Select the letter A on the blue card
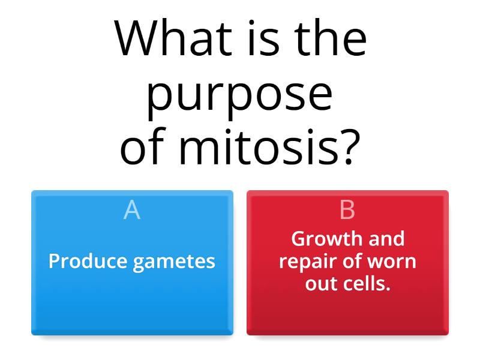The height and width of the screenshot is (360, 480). pos(132,210)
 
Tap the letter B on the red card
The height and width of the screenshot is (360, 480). pos(347,210)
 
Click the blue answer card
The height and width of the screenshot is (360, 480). pos(132,300)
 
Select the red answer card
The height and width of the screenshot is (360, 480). pos(347,312)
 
